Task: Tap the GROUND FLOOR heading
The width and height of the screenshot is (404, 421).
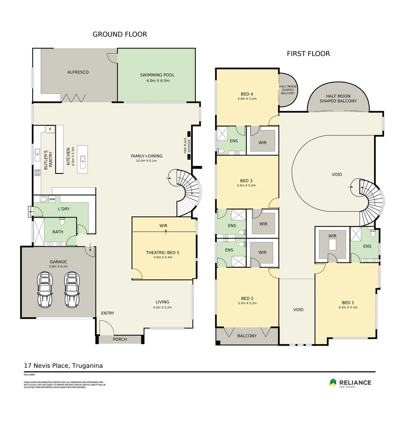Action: point(119,34)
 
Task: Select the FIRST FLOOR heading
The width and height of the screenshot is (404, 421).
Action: point(308,54)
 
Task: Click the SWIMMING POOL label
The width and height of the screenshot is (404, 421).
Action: point(157,75)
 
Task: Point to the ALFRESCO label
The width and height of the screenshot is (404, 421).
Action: point(78,72)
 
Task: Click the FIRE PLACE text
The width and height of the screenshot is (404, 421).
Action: point(186,145)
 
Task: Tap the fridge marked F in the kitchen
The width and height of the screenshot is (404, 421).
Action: point(50,129)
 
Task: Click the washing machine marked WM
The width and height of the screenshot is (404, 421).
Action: point(52,199)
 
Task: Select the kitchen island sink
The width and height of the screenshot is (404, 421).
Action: point(83,159)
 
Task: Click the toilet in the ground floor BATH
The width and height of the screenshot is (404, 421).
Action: point(61,221)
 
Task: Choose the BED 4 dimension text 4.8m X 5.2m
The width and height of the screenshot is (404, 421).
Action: point(247,99)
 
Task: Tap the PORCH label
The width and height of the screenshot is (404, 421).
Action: point(120,339)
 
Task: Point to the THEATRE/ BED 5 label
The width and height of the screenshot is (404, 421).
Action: point(163,252)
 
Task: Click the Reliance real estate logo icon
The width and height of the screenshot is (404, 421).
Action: point(333,383)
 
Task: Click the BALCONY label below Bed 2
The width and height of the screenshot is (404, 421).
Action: point(247,336)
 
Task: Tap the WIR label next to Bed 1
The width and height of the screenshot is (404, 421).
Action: point(332,236)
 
